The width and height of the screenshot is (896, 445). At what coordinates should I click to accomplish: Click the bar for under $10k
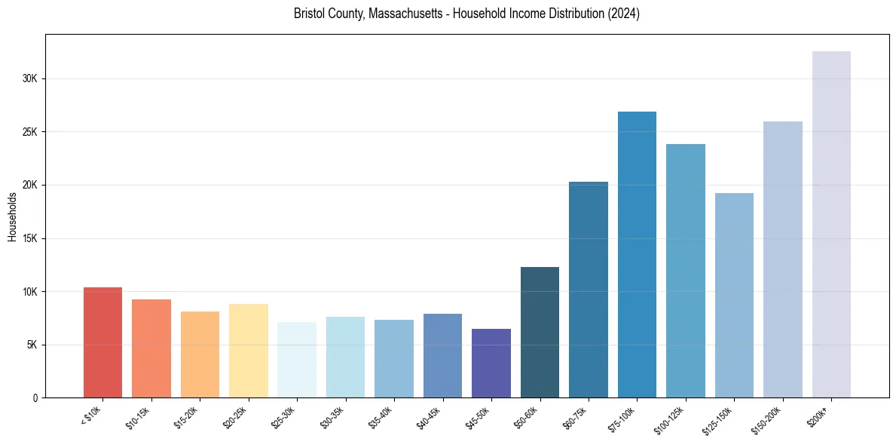point(102,342)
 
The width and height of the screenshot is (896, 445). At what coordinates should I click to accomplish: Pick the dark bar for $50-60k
point(540,333)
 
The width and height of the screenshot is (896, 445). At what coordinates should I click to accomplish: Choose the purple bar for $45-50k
point(491,364)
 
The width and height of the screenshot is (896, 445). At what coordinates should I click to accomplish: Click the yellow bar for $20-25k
point(249,351)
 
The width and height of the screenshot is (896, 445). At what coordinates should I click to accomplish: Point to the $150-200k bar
point(783,259)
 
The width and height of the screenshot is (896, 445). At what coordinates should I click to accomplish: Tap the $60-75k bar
point(589,290)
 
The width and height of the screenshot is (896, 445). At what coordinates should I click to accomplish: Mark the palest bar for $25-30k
point(297,360)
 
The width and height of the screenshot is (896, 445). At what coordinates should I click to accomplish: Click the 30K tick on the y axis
point(29,78)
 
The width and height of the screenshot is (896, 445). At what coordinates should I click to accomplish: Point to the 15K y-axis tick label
point(29,238)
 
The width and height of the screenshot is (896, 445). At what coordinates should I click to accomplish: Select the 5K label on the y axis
point(31,345)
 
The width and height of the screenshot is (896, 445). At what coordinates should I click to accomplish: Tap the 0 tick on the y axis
point(35,398)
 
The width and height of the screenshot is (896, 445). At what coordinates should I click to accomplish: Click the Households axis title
point(12,216)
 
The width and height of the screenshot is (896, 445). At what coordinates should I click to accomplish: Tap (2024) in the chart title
point(625,14)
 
